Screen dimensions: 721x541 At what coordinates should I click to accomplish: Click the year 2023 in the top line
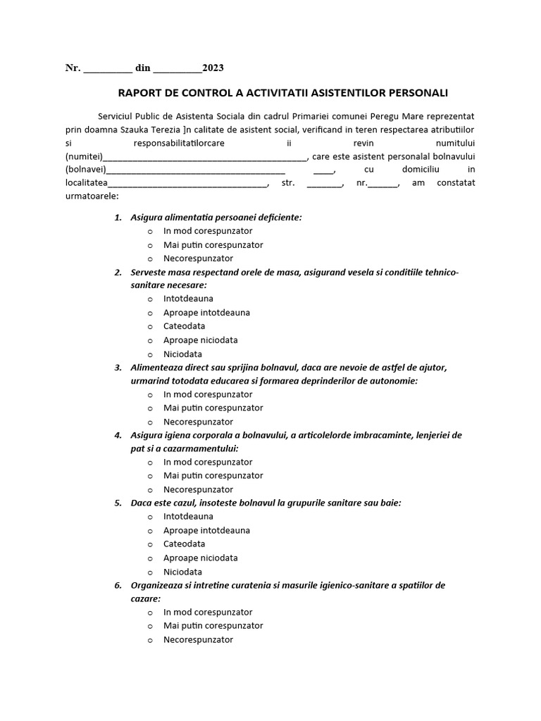coord(213,68)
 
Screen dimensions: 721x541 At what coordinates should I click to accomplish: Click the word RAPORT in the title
coord(139,92)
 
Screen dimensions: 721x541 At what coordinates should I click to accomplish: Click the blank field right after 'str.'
coord(324,183)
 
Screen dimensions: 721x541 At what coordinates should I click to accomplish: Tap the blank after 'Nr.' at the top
coord(108,68)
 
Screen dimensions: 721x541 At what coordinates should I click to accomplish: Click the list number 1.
coord(118,218)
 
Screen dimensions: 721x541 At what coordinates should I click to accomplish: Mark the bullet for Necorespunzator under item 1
coord(150,258)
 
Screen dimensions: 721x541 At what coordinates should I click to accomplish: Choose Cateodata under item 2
coord(184,326)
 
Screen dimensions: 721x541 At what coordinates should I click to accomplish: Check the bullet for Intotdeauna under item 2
coord(150,299)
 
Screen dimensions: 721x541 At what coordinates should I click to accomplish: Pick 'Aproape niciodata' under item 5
coord(200,558)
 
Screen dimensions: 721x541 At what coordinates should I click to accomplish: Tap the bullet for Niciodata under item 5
coord(150,572)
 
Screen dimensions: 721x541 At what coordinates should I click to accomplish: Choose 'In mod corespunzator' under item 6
coord(207,612)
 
